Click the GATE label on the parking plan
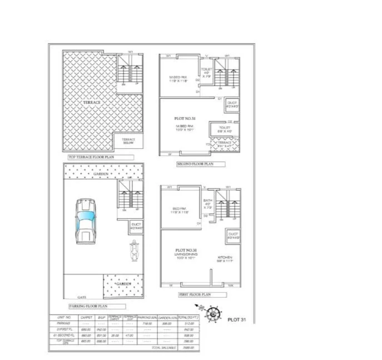coord(82,298)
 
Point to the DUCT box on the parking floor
coord(136,227)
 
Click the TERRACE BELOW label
coord(129,141)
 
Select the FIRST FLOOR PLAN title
coord(194,294)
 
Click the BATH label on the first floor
coord(207,201)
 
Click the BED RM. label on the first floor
coord(180,210)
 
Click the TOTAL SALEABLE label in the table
coord(163,347)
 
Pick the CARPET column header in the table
coord(86,317)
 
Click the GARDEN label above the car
coord(101,174)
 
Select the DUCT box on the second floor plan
coord(232,105)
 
